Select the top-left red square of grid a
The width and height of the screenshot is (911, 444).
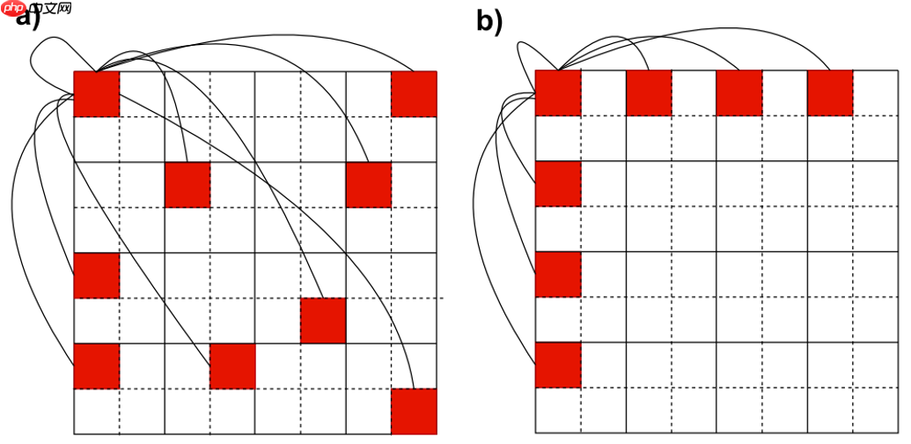tap(96, 93)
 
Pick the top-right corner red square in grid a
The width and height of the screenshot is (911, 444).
tap(414, 93)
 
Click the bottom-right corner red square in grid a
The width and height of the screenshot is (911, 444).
tap(414, 411)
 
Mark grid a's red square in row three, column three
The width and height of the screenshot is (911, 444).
tap(187, 184)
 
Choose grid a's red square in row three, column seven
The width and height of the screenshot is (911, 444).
tap(368, 184)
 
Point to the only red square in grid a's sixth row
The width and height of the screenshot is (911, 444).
tap(323, 321)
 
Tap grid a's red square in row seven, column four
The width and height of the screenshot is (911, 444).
tap(232, 366)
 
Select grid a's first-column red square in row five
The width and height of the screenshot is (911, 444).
tap(96, 275)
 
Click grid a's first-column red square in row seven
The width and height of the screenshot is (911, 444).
tap(96, 366)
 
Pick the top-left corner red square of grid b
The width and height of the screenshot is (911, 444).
tap(558, 92)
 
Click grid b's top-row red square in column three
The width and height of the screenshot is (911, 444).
tap(649, 92)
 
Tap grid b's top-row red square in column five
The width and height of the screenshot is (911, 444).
tap(739, 92)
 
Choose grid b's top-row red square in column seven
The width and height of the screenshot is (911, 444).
tap(830, 92)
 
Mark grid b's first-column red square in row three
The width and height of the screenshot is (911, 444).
tap(558, 183)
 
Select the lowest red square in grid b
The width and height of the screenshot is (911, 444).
tap(558, 365)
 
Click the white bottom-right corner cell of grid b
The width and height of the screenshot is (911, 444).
tap(876, 410)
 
